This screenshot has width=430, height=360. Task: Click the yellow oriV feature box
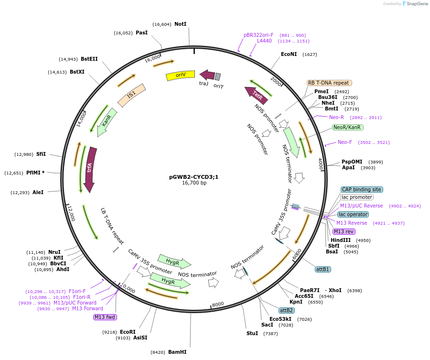pyautogui.click(x=180, y=75)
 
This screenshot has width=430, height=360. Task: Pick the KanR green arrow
pyautogui.click(x=107, y=120)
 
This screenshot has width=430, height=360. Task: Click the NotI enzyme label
pyautogui.click(x=180, y=24)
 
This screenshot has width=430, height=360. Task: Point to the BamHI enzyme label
pyautogui.click(x=177, y=352)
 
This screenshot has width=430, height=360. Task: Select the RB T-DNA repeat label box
pyautogui.click(x=329, y=83)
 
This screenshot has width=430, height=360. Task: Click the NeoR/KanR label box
pyautogui.click(x=347, y=128)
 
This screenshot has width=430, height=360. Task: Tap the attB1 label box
pyautogui.click(x=322, y=269)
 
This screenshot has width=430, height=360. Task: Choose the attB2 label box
pyautogui.click(x=287, y=310)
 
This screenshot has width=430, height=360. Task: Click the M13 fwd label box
pyautogui.click(x=105, y=317)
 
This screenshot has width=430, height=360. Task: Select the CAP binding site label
pyautogui.click(x=361, y=189)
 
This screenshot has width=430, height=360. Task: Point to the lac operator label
pyautogui.click(x=353, y=214)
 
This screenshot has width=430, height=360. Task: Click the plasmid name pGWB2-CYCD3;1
pyautogui.click(x=194, y=176)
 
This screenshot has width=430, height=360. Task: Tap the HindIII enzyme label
pyautogui.click(x=340, y=240)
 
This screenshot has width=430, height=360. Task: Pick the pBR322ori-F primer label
pyautogui.click(x=258, y=35)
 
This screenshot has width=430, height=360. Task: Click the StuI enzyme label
pyautogui.click(x=252, y=333)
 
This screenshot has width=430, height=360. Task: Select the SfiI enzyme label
pyautogui.click(x=41, y=154)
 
